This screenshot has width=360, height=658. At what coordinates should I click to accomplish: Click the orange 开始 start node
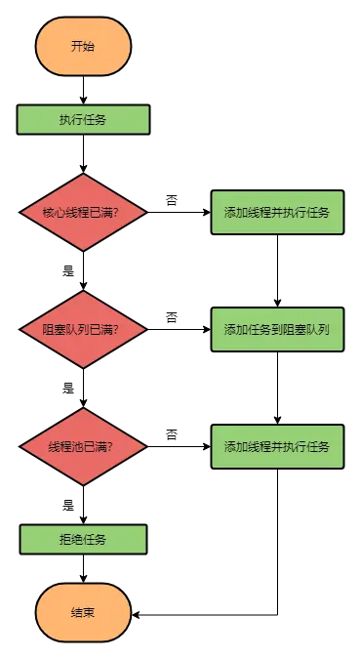[83, 46]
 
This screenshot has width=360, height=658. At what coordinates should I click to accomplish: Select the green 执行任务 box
[83, 119]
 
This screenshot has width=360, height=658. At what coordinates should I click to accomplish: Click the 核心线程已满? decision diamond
[83, 212]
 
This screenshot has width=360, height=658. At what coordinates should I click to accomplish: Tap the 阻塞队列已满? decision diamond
[83, 329]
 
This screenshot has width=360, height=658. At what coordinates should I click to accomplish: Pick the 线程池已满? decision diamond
[83, 446]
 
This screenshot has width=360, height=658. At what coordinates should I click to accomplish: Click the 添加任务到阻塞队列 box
[277, 329]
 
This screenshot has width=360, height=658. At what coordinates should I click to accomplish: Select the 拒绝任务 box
[83, 539]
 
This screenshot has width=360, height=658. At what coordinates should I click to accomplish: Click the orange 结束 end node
[83, 613]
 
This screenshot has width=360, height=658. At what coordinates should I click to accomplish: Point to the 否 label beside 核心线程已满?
[172, 200]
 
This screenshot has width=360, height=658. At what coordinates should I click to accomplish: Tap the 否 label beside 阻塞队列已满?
[172, 317]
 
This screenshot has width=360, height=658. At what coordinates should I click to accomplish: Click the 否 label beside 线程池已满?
[172, 434]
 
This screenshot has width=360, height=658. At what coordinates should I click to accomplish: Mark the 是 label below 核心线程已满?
[68, 270]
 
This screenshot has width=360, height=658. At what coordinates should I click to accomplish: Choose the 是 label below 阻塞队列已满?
[68, 388]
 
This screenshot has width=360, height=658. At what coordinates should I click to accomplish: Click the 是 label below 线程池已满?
[68, 505]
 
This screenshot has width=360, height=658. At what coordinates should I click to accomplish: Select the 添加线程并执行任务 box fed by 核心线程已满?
[277, 212]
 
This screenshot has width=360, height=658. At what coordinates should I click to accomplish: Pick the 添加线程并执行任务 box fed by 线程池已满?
[277, 446]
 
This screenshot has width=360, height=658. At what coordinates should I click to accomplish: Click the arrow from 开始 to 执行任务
[83, 89]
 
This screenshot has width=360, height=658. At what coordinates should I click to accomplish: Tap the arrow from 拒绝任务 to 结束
[83, 568]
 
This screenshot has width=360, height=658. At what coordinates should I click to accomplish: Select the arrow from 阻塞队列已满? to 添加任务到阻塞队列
[180, 329]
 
